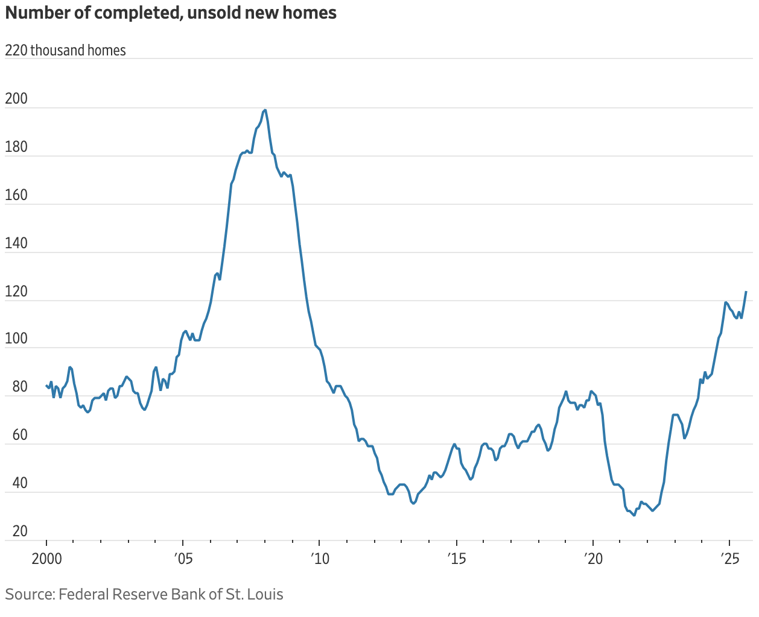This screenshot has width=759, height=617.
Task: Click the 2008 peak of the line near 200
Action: (x=265, y=110)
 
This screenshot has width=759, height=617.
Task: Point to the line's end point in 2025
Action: (x=746, y=292)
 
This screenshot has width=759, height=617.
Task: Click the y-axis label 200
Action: (x=16, y=99)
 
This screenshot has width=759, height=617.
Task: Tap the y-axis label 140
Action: (x=16, y=243)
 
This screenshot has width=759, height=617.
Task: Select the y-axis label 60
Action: (x=20, y=435)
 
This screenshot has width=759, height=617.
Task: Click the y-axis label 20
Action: (x=20, y=531)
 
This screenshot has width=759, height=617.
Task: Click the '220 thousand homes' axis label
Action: (x=65, y=50)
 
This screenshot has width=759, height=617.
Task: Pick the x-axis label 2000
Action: (x=46, y=559)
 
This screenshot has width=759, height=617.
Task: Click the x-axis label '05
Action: (x=183, y=559)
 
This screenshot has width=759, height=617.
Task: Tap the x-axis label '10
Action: (x=320, y=559)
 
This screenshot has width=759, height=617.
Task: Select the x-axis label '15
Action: (x=457, y=559)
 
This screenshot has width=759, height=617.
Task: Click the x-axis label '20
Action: (x=593, y=559)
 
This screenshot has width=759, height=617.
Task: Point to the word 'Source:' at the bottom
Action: (x=30, y=594)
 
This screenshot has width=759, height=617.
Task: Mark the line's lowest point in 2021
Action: (x=634, y=515)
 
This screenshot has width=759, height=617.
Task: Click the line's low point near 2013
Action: (x=413, y=503)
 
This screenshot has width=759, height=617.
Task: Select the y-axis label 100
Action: (x=16, y=339)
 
